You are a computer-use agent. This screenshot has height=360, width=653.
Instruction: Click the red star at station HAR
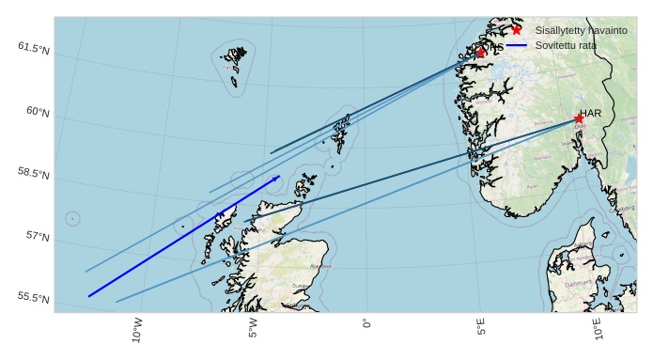(x=579, y=118)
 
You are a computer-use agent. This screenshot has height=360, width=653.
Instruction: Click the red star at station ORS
(x=481, y=53)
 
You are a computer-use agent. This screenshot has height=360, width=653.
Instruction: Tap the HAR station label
(x=590, y=114)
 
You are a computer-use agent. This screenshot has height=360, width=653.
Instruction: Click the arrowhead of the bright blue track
(x=278, y=177)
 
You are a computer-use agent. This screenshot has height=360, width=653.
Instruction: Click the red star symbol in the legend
(x=517, y=30)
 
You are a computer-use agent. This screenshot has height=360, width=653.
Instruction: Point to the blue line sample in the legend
(x=517, y=45)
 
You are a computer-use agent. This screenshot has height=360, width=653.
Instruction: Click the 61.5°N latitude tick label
(x=34, y=47)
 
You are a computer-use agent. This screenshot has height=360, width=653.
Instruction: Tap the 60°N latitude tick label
(x=38, y=112)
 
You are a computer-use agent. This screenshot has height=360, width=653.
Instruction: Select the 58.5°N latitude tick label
(x=34, y=174)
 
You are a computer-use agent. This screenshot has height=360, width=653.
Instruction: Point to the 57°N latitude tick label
(x=38, y=237)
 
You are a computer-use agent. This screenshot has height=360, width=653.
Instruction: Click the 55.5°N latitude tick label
(x=34, y=298)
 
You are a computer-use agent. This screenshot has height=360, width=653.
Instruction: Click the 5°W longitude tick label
(x=253, y=328)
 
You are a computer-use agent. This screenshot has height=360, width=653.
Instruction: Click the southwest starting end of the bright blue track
(x=89, y=296)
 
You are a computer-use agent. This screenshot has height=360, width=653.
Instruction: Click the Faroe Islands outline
(x=234, y=66)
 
